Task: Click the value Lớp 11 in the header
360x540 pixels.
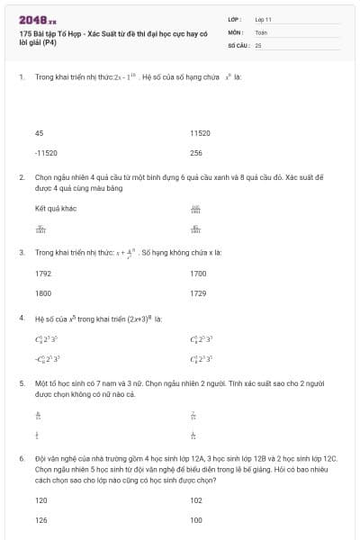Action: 264,18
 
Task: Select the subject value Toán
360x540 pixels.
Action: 261,31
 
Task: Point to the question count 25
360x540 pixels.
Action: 258,44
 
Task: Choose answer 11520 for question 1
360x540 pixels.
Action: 200,132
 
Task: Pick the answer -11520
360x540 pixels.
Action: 45,153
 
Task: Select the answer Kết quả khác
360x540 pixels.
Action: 55,208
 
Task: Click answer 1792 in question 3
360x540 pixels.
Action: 43,273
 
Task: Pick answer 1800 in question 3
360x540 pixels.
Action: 43,293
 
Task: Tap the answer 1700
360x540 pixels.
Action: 198,273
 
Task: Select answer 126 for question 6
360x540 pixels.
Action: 41,519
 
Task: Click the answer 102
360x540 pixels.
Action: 196,499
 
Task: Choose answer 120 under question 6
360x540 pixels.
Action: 41,499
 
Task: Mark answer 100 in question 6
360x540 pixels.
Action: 196,519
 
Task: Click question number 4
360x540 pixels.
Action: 21,319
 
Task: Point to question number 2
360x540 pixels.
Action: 21,178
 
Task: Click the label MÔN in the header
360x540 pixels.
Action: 236,31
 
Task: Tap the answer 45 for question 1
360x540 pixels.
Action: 39,132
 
